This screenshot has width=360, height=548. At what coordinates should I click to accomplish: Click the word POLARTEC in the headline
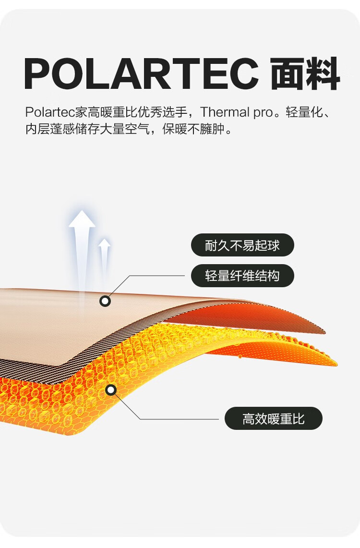point(141,74)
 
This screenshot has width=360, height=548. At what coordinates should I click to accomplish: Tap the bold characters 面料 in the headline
point(305,74)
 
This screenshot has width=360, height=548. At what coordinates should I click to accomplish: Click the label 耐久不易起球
point(242,245)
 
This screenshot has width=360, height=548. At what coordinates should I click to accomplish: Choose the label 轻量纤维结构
point(242,276)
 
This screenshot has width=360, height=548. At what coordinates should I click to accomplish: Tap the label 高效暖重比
point(273,418)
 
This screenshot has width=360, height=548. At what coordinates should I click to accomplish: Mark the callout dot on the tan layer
point(105,301)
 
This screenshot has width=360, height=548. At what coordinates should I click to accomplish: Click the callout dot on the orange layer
point(111,390)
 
